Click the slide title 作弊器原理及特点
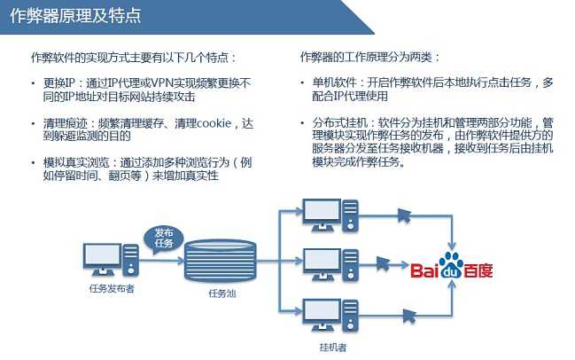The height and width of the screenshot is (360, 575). tap(77, 17)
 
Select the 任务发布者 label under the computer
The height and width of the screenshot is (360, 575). tap(112, 288)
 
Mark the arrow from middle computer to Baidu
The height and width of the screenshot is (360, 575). tap(382, 264)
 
